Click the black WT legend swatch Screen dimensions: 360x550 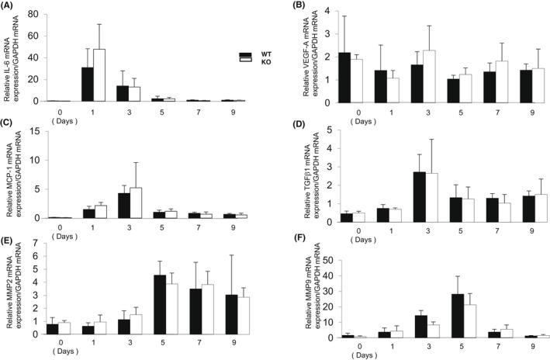pyautogui.click(x=245, y=55)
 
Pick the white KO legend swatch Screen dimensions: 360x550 pyautogui.click(x=245, y=64)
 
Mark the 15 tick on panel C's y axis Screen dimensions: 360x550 pyautogui.click(x=34, y=131)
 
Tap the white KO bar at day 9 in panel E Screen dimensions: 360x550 pyautogui.click(x=244, y=316)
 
